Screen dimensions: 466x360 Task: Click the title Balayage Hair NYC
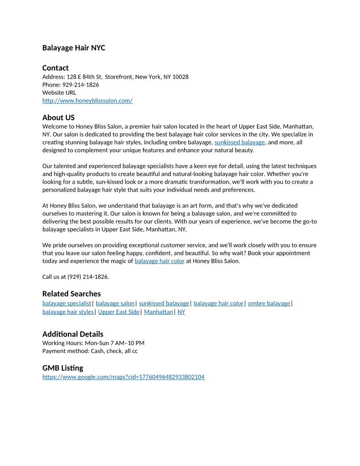tap(74, 48)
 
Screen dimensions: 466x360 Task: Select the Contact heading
tap(55, 68)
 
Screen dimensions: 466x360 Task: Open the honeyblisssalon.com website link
tap(87, 101)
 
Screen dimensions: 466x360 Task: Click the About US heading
tap(58, 117)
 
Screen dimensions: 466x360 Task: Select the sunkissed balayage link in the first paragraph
tap(240, 142)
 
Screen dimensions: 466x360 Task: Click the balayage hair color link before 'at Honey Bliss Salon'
tap(159, 261)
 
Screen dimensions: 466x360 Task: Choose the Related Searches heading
tap(71, 293)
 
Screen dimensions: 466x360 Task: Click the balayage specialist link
tap(67, 303)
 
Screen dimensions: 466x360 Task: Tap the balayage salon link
tap(115, 303)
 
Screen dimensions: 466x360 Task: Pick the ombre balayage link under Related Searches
tap(269, 303)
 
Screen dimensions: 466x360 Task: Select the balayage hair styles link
tap(68, 312)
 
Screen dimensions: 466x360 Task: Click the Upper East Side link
tap(119, 312)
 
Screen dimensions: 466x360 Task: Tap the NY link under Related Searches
tap(181, 312)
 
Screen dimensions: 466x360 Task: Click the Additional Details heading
tap(73, 334)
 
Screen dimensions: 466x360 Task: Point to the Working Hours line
tap(93, 343)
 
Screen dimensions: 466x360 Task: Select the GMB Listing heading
tap(63, 368)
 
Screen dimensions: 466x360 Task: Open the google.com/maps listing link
tap(124, 377)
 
